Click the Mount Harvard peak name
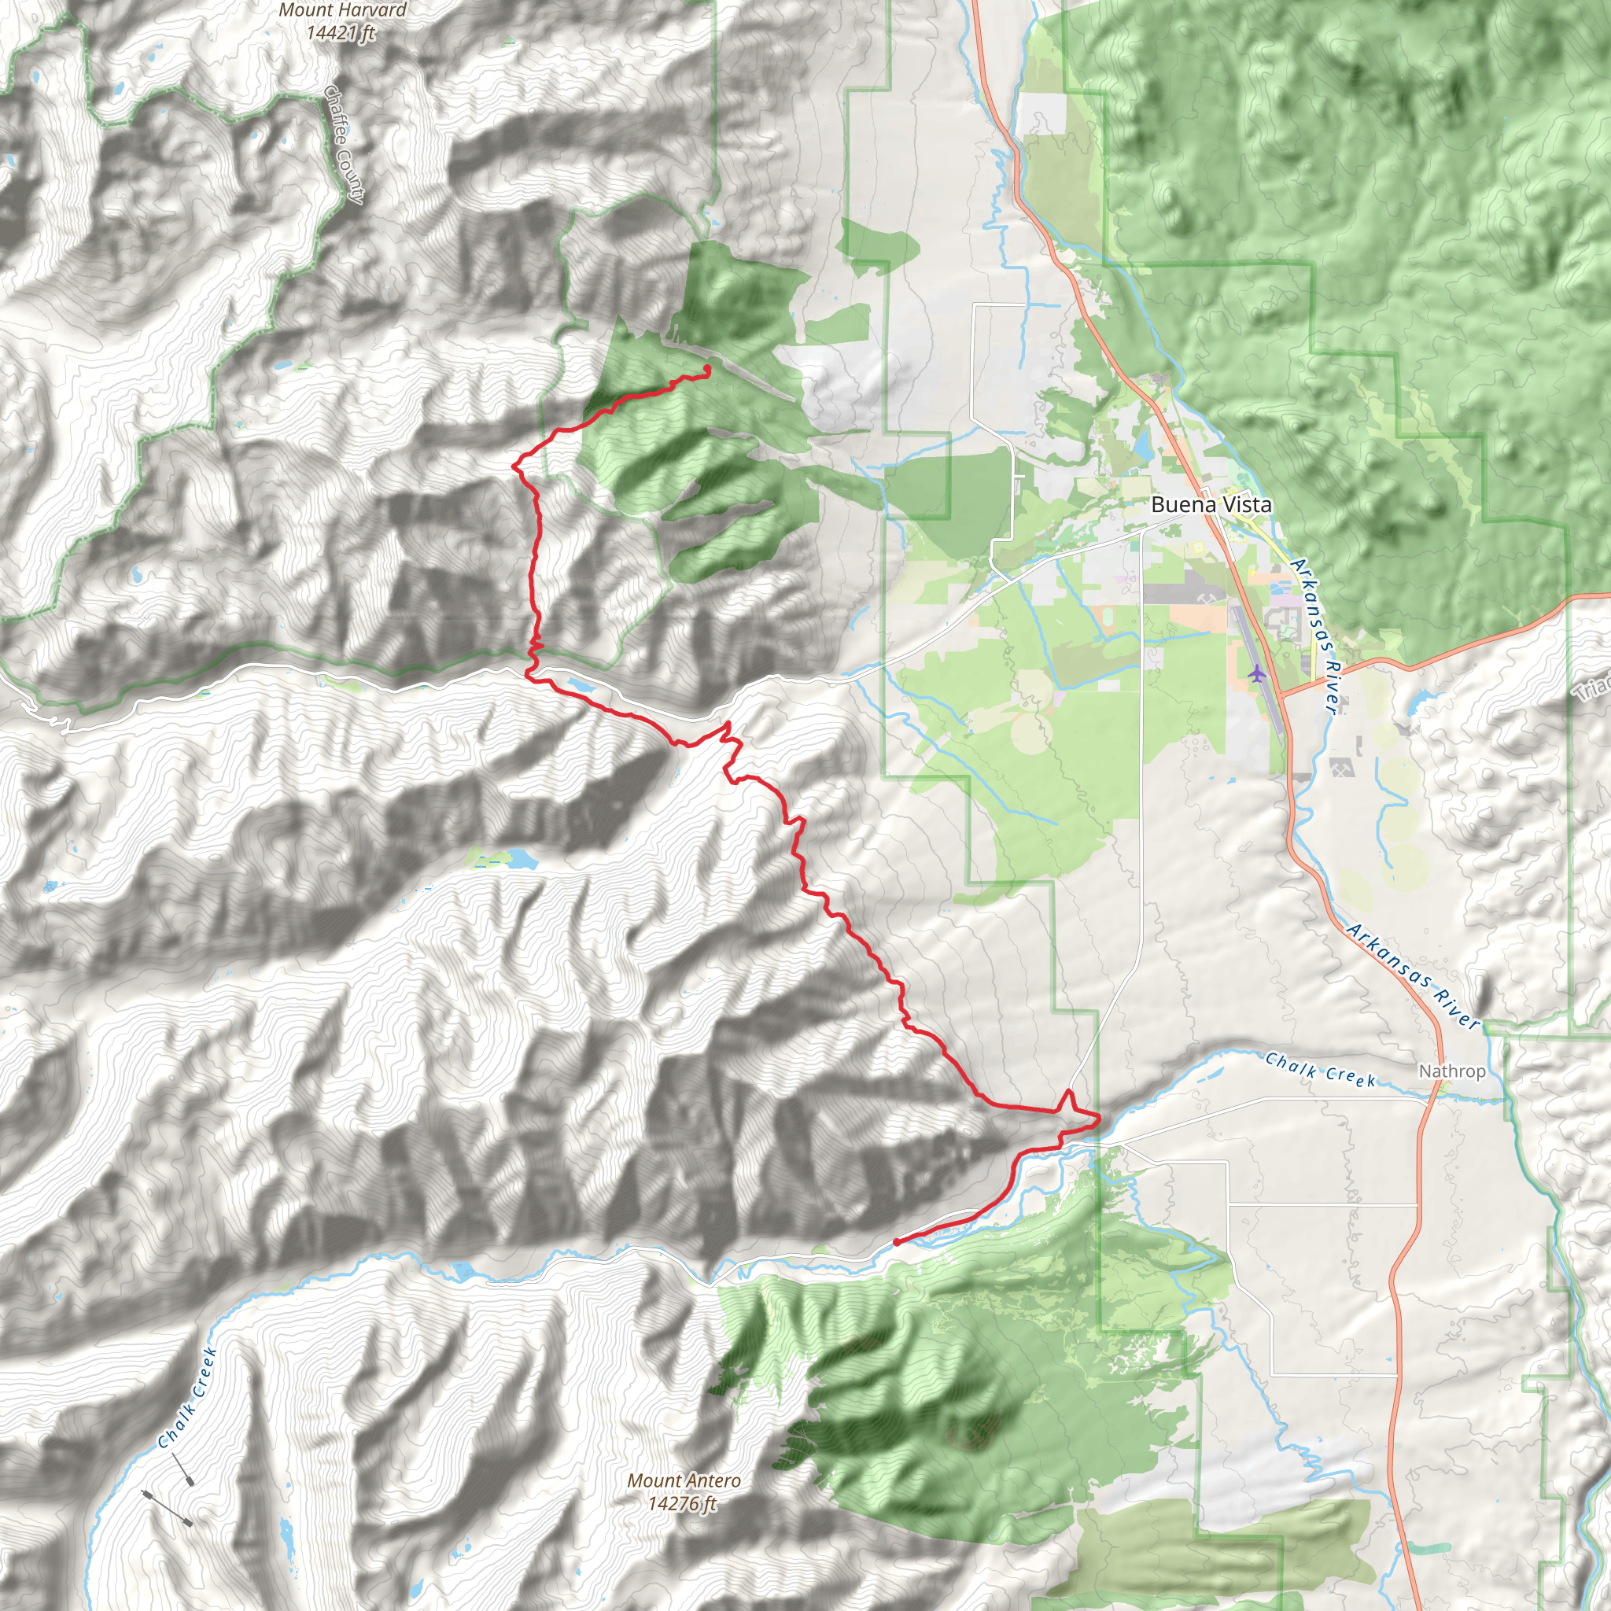(x=343, y=11)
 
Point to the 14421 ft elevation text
(x=341, y=33)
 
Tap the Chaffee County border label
(x=345, y=144)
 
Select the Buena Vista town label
(x=1211, y=504)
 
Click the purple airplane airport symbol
(x=1256, y=672)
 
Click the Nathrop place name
(x=1452, y=1071)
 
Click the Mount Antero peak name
(x=684, y=1481)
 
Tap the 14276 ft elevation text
(x=682, y=1503)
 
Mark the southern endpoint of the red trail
(x=897, y=1242)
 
